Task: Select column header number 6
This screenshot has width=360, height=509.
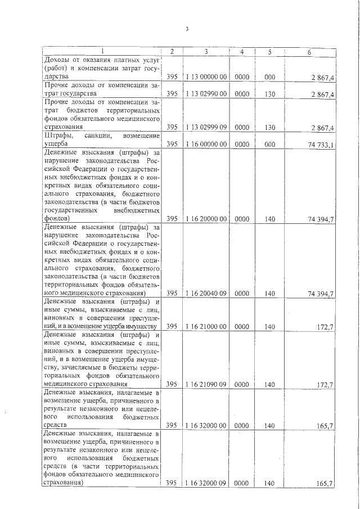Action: [309, 52]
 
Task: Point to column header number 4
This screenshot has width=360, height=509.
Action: [241, 52]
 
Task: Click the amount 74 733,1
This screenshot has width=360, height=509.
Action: [322, 145]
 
